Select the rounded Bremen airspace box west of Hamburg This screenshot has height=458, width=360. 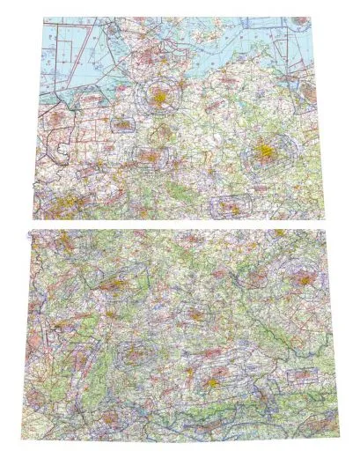coord(122,124)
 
